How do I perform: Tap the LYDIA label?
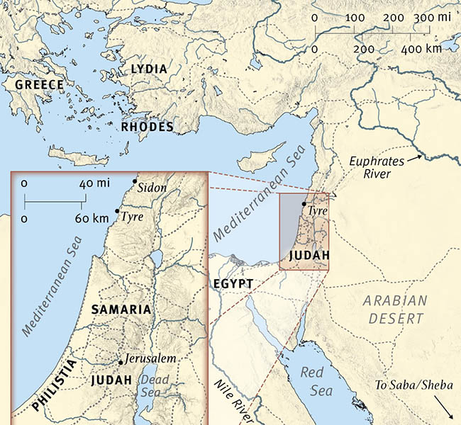tap(148, 69)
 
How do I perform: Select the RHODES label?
tap(148, 127)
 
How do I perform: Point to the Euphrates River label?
tap(377, 167)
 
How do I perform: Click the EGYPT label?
tap(233, 283)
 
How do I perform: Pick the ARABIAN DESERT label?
tap(397, 309)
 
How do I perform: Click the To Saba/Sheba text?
tap(413, 386)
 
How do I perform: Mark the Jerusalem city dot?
tap(121, 363)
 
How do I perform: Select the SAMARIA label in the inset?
tap(121, 310)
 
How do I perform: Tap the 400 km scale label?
tap(421, 50)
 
